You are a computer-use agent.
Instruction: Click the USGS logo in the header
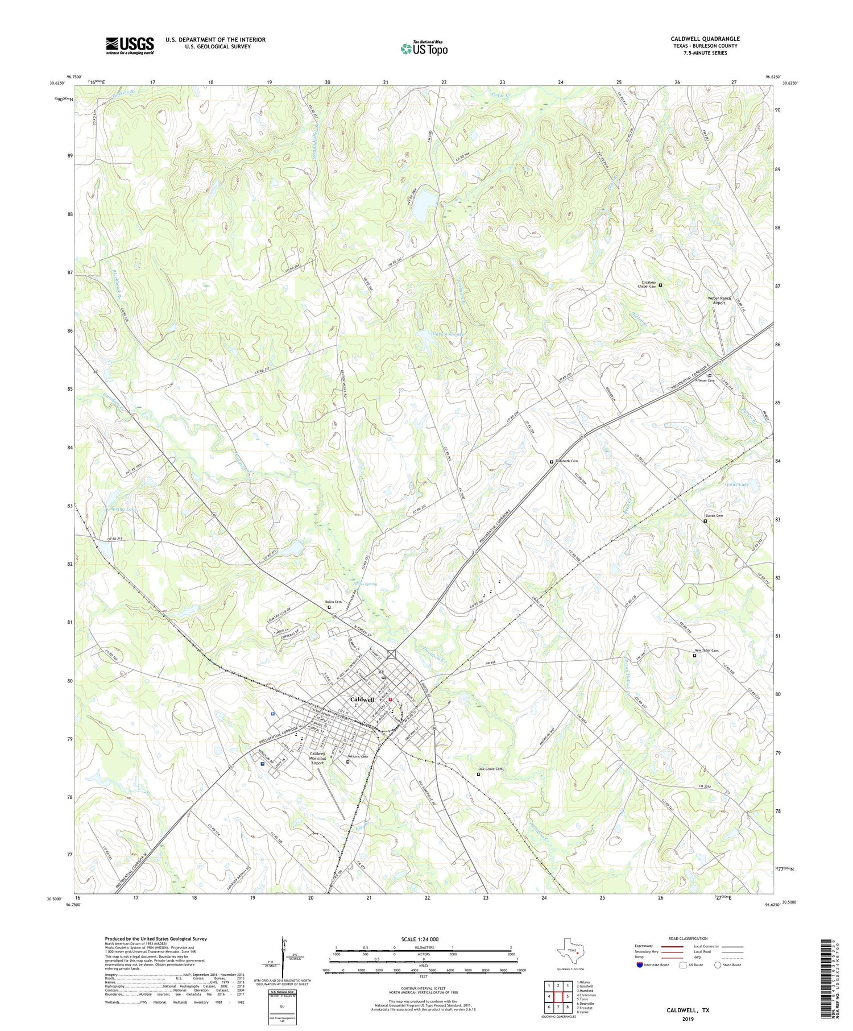[x=130, y=45]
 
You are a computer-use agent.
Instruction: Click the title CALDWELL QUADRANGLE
[x=705, y=39]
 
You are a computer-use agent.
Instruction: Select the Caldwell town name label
[x=362, y=699]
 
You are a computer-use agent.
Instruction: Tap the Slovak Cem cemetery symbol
[x=705, y=521]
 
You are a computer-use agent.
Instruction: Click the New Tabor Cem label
[x=706, y=651]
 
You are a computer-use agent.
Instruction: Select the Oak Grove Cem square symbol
[x=478, y=774]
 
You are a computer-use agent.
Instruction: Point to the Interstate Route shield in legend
[x=640, y=964]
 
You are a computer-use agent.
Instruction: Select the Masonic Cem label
[x=358, y=756]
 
